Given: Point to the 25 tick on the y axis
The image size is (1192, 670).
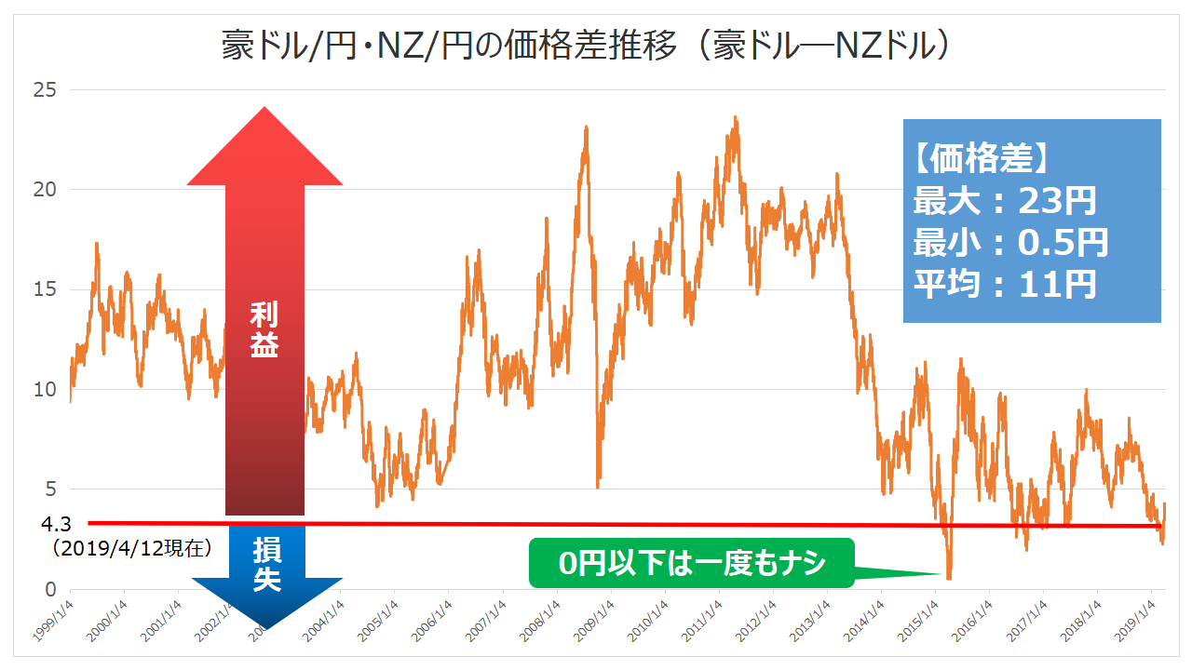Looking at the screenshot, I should pos(44,90).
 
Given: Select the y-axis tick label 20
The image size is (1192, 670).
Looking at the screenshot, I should pos(44,190).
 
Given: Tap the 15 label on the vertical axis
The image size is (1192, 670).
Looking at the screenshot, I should pos(44,289).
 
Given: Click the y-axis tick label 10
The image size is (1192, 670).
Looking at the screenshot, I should pos(44,389).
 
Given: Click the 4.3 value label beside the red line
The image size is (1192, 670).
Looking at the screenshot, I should pos(57,525).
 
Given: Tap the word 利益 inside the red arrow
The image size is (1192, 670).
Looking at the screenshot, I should pos(264,329).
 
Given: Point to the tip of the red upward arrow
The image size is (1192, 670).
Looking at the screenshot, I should pos(264,108).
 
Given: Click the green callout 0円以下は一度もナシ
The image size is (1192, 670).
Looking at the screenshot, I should pos(692,563).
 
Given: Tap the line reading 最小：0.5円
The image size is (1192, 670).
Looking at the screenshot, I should pos(1010,243).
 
